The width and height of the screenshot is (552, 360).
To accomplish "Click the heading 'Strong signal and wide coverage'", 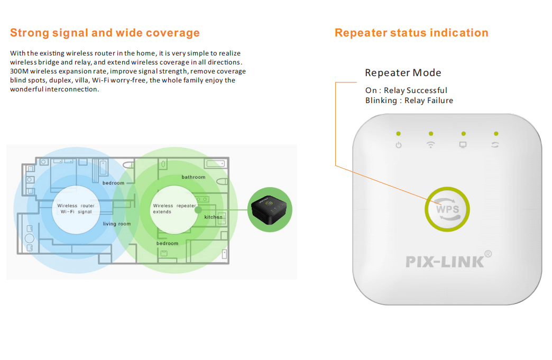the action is click(105, 33).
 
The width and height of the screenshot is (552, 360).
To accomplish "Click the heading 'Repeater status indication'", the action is click(411, 33).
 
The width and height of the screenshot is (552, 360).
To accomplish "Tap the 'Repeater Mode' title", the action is click(403, 73).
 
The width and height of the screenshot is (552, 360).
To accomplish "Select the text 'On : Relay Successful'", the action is click(406, 90).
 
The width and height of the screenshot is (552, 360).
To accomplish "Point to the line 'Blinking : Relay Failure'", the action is click(409, 100).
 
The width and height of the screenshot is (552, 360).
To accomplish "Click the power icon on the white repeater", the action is click(399, 145).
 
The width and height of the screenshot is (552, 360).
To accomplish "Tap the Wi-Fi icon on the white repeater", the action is click(430, 145).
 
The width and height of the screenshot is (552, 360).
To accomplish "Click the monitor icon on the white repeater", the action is click(463, 145).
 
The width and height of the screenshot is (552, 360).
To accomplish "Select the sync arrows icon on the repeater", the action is click(495, 145).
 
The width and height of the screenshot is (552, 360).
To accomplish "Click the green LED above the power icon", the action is click(399, 134).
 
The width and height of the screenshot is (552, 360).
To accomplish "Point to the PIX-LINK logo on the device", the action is click(445, 262).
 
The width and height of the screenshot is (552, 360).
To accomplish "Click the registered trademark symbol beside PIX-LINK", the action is click(488, 254).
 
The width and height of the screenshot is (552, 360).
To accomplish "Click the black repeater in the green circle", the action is click(269, 210).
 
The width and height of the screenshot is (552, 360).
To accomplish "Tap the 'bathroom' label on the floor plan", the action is click(194, 177).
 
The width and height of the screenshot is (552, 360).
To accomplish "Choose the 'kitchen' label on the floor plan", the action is click(213, 217).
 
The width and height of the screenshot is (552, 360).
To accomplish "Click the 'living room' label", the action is click(116, 224).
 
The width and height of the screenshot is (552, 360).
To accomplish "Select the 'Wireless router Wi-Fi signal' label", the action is click(76, 209).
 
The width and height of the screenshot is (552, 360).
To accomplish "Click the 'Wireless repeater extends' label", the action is click(174, 209).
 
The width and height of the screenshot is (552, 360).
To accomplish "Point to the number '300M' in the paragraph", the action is click(19, 71).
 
